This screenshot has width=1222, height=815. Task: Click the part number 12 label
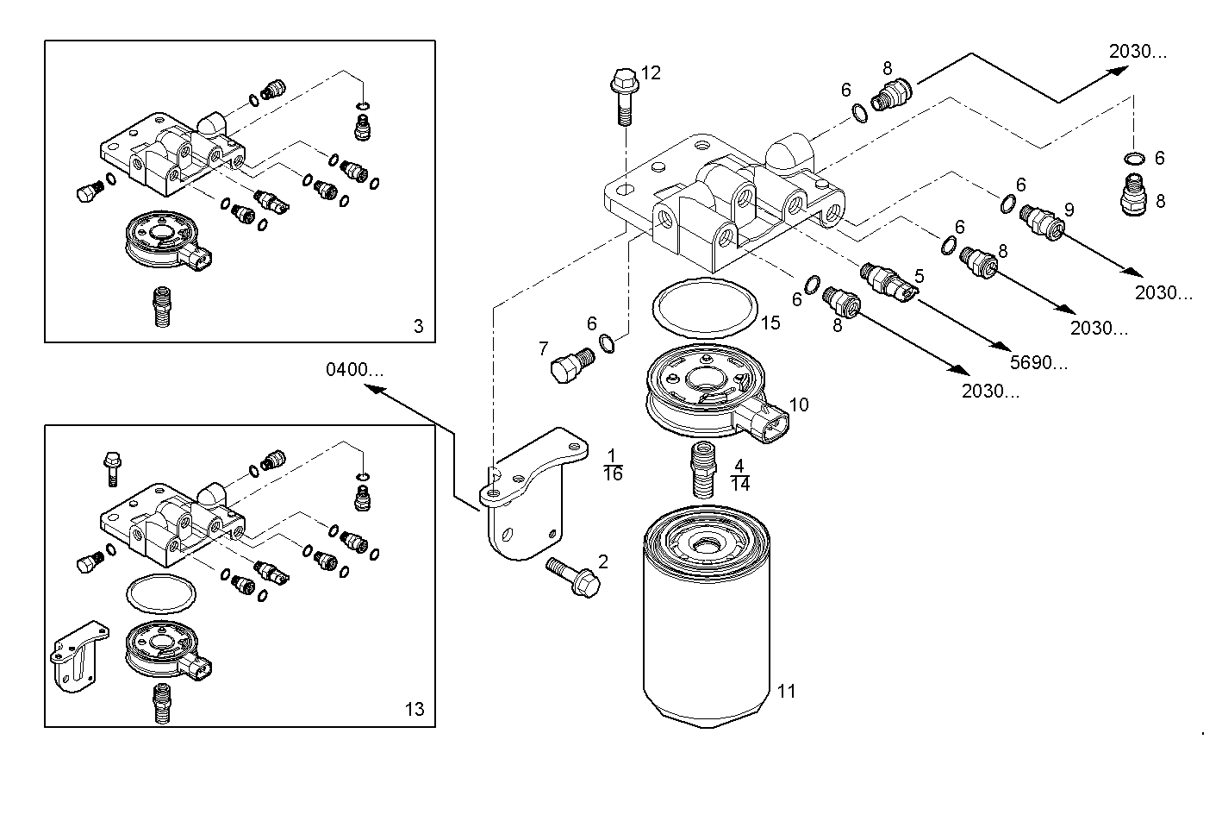[651, 73]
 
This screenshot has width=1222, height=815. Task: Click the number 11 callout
[786, 691]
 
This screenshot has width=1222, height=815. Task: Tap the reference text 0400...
[354, 370]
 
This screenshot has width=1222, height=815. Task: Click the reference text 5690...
[1038, 363]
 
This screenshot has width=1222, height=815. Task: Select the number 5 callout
[920, 276]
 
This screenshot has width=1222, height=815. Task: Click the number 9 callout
[1069, 209]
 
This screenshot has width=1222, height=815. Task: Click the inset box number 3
[419, 326]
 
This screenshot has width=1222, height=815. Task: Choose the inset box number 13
[415, 710]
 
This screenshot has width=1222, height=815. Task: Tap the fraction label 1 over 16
[613, 465]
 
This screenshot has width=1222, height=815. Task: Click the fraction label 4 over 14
[739, 475]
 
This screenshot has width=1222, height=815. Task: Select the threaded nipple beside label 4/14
[704, 471]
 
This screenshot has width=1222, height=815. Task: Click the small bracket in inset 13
[79, 655]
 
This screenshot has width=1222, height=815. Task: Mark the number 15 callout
[770, 323]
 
